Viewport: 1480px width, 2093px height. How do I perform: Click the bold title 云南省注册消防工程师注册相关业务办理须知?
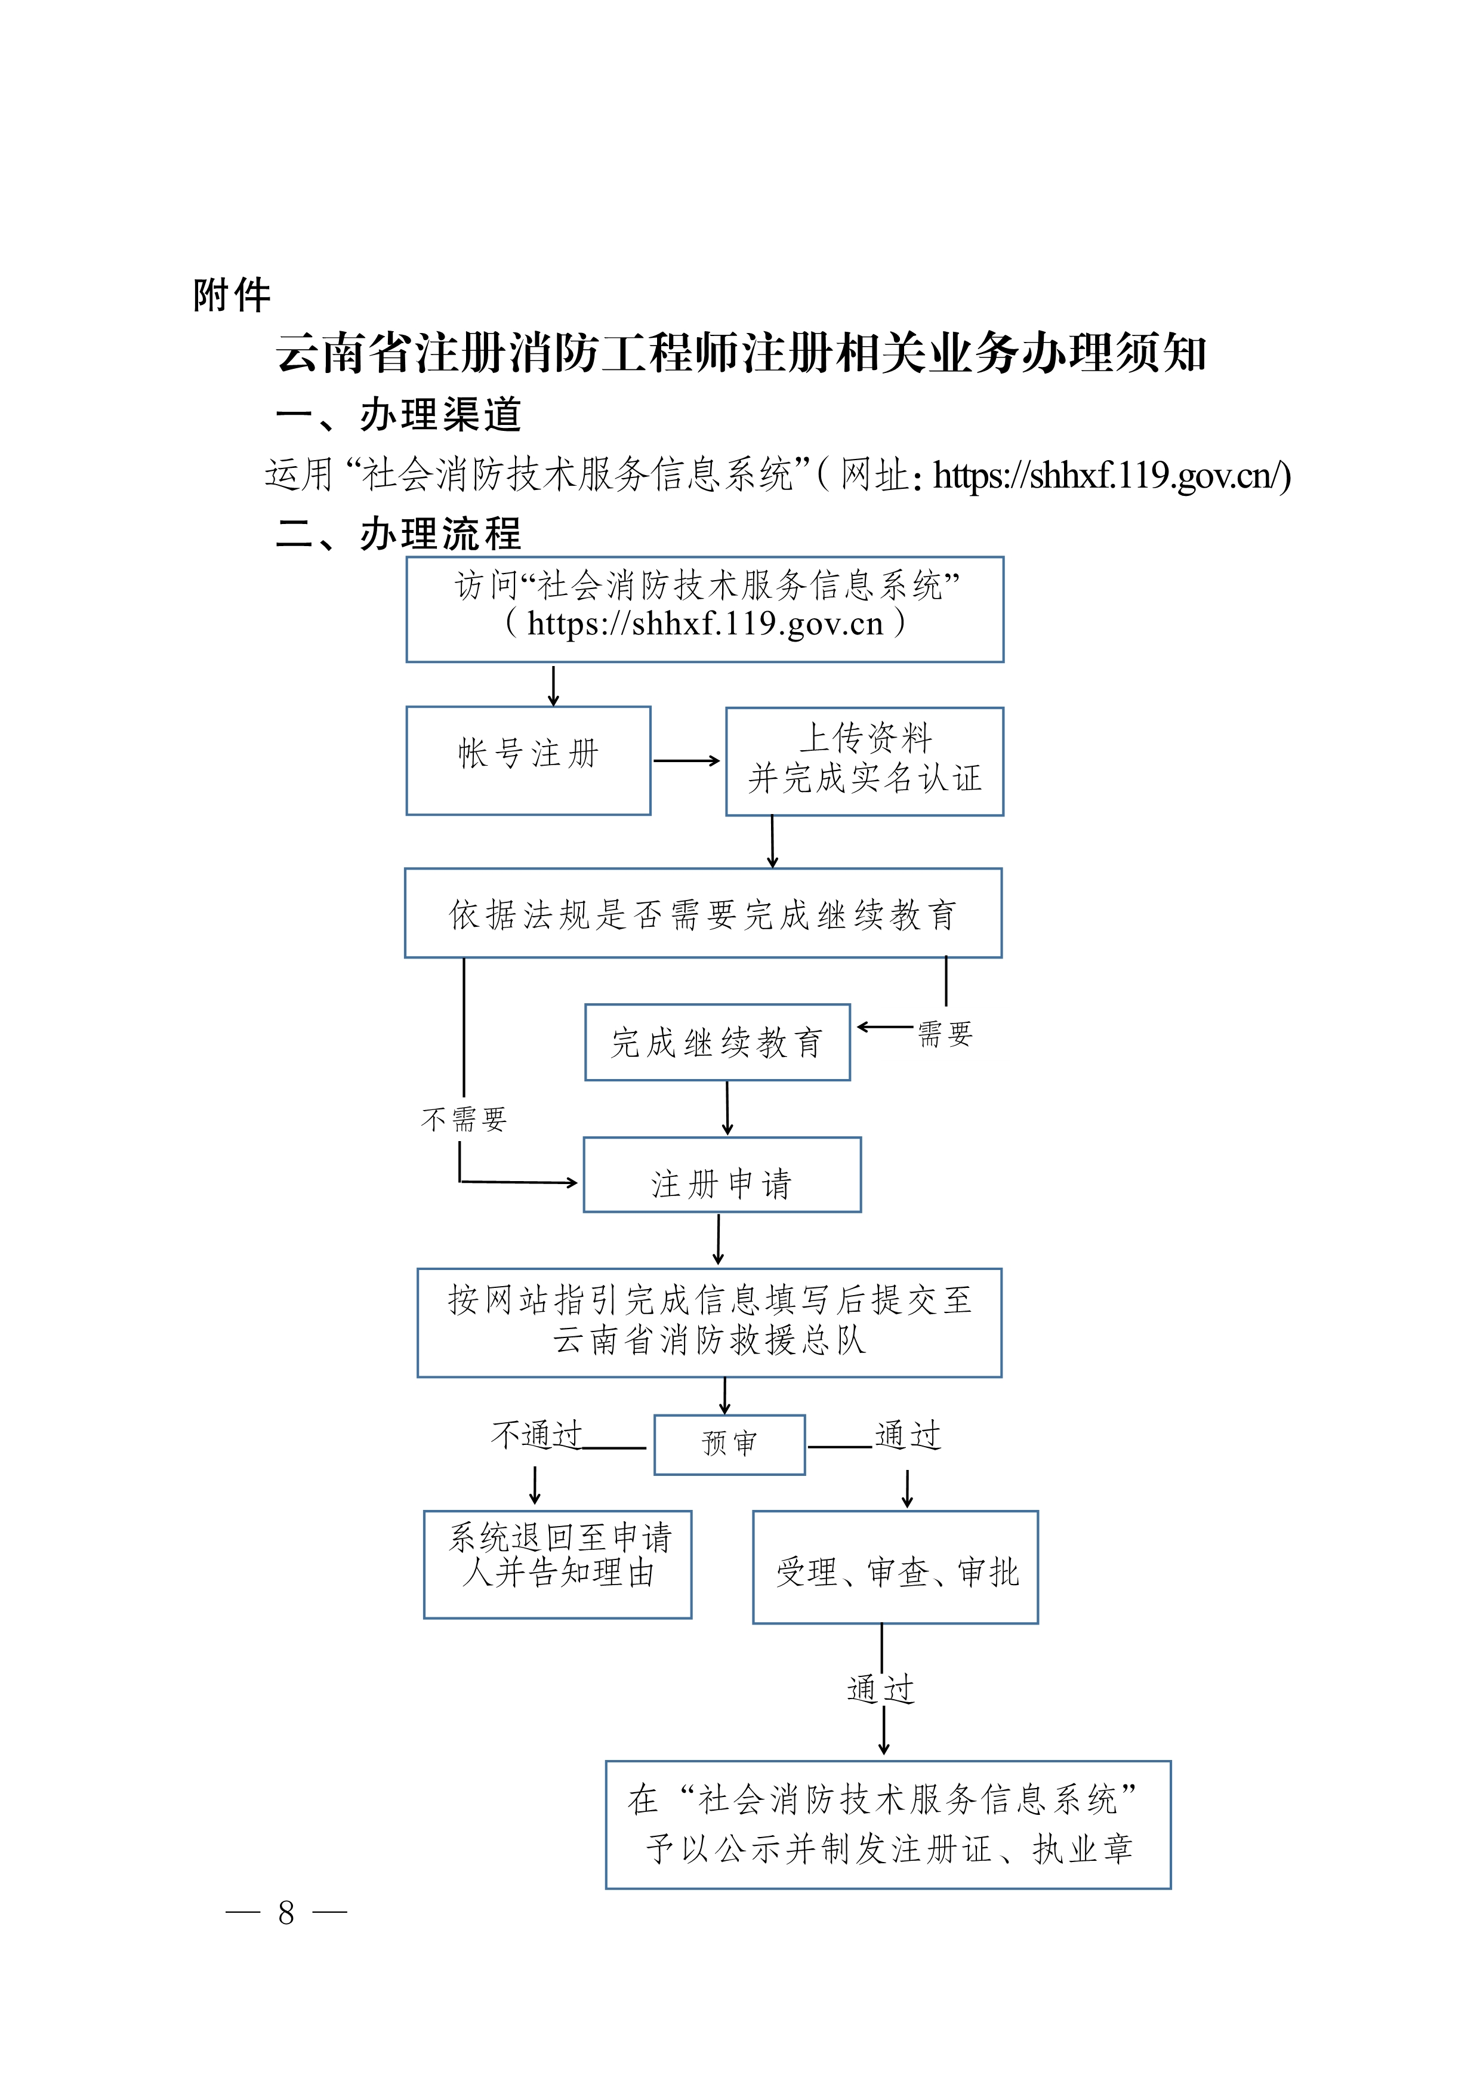(741, 354)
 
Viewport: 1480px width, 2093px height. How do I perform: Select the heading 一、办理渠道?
(398, 415)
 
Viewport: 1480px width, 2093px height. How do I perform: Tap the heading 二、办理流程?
(398, 534)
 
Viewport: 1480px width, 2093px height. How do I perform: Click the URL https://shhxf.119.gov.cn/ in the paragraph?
(1111, 476)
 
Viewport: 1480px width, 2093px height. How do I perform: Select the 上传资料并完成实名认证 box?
(864, 760)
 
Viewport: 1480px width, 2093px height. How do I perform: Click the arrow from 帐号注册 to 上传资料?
(686, 760)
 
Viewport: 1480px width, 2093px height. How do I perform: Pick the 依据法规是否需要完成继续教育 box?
(702, 913)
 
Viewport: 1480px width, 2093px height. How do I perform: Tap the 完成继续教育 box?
(717, 1042)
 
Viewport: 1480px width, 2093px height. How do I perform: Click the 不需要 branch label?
(464, 1118)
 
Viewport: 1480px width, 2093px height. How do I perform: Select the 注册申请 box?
(721, 1175)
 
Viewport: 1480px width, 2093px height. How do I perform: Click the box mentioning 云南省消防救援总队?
(709, 1322)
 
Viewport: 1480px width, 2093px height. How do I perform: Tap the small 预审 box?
(729, 1444)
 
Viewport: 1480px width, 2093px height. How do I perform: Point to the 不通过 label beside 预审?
(536, 1435)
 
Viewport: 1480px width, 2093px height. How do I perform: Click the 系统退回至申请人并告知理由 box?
(558, 1564)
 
